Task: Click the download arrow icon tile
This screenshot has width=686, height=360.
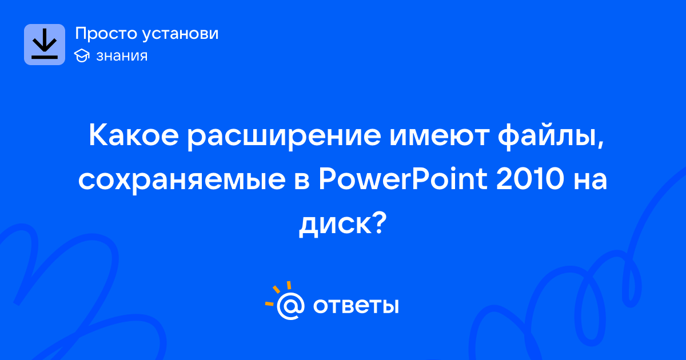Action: coord(45,45)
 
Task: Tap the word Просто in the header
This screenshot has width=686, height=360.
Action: coord(106,34)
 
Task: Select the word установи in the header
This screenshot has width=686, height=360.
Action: coord(181,34)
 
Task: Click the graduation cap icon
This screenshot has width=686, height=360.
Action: coord(82,55)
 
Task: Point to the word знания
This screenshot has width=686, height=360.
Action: coord(122,56)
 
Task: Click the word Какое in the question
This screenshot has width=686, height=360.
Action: coord(134,135)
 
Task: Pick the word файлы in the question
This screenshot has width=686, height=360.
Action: coord(548,137)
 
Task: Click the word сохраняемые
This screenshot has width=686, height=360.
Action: coord(182,181)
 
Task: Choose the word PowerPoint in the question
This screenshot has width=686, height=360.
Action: coord(403,178)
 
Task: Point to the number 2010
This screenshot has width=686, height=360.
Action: coord(530,178)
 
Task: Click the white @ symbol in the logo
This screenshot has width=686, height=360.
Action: coord(290,306)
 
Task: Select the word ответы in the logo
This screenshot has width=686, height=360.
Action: coord(356,306)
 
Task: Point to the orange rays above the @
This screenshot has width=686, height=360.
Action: coord(278,293)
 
